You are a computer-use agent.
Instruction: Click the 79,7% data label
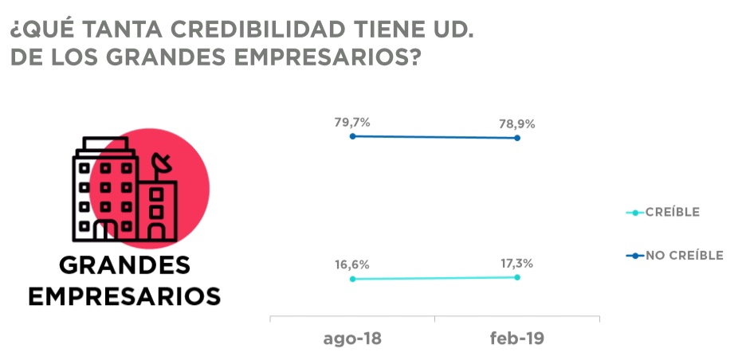[x=352, y=122]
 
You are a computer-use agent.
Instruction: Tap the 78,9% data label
[x=517, y=123]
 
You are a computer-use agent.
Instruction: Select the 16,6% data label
[x=352, y=265]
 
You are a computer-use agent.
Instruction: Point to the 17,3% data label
[x=516, y=263]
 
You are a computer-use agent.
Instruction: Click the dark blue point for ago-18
[x=352, y=136]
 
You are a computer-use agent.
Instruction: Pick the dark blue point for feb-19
[x=517, y=139]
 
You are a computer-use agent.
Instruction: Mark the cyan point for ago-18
[x=352, y=280]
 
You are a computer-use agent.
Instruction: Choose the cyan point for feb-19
[x=517, y=277]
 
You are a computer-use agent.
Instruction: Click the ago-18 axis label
[x=352, y=338]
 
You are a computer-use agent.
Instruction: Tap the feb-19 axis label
[x=516, y=338]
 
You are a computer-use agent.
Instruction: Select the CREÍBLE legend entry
[x=669, y=212]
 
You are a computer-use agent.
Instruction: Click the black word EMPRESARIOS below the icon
[x=125, y=295]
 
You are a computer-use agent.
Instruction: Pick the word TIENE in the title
[x=387, y=30]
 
